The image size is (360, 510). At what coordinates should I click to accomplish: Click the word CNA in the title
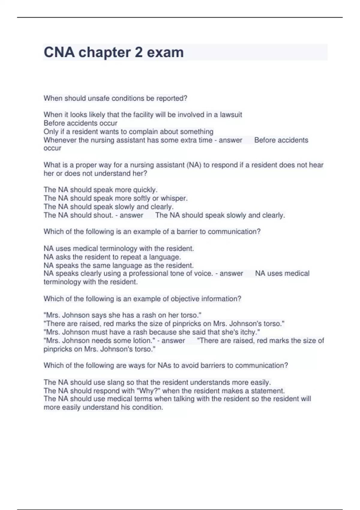pos(59,52)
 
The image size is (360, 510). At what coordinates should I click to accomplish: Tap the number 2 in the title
pos(139,52)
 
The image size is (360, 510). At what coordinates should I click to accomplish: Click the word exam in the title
pos(165,52)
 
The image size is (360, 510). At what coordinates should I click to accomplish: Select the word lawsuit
pos(231,115)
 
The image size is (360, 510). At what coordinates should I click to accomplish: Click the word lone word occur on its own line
pos(52,148)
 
